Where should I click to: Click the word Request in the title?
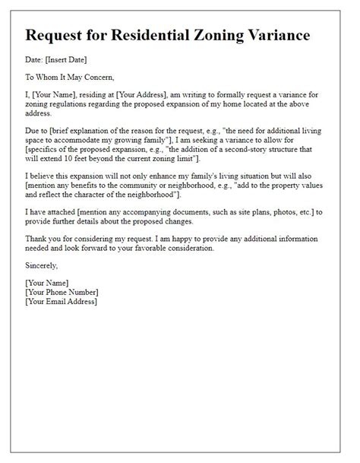point(61,36)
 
